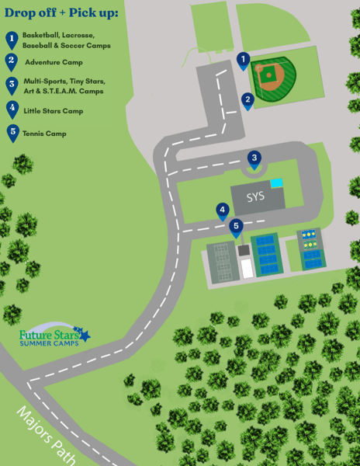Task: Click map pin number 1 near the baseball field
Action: (x=243, y=61)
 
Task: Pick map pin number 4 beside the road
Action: (x=223, y=210)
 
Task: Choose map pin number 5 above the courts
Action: (x=237, y=228)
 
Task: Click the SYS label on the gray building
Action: (x=255, y=197)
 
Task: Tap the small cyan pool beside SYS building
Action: (x=276, y=183)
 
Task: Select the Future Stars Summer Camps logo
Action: (x=54, y=336)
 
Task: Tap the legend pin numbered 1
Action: (x=12, y=39)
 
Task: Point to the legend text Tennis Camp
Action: (x=44, y=134)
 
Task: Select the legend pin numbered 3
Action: (x=12, y=85)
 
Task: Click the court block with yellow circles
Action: (x=310, y=248)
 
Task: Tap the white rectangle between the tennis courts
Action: (x=246, y=268)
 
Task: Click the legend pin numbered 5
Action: (x=12, y=132)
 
